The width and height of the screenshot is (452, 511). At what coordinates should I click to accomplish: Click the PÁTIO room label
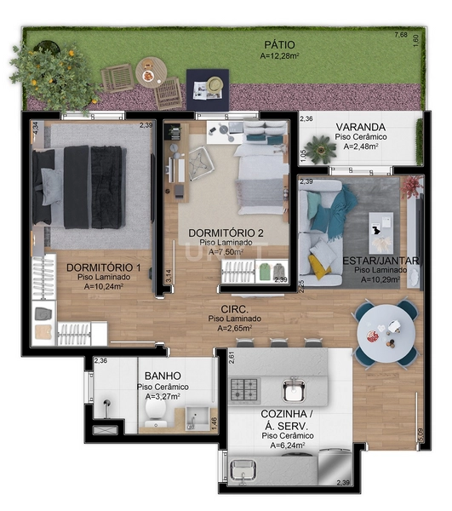[277, 43]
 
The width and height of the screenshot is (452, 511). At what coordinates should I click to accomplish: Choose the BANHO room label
[161, 375]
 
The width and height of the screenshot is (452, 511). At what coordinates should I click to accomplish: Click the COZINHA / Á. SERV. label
[285, 418]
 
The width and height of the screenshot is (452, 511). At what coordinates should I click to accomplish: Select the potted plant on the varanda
[321, 150]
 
